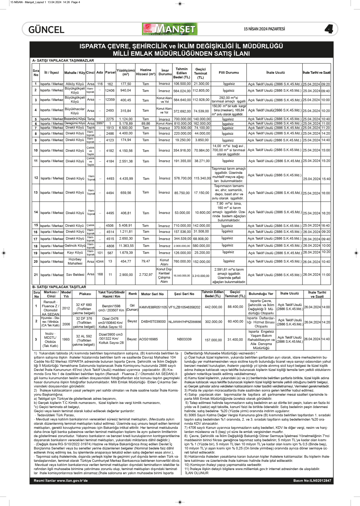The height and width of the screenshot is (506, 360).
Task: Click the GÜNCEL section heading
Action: [46, 30]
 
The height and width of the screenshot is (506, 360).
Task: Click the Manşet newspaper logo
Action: [170, 29]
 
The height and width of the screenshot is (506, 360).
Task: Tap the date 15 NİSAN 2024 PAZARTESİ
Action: [264, 29]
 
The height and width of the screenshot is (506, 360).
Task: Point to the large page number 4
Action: [329, 29]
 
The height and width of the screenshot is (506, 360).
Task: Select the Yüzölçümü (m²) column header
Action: [126, 72]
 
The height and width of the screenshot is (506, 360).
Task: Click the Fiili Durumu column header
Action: [229, 72]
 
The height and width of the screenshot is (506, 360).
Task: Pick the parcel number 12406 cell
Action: [110, 91]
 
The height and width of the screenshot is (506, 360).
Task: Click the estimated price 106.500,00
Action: [182, 84]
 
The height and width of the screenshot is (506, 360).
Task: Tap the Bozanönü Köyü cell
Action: [75, 119]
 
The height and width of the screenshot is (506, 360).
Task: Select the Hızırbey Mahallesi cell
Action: [75, 261]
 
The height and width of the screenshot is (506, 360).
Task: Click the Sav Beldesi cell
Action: [75, 275]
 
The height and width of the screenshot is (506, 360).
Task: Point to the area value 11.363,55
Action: [126, 246]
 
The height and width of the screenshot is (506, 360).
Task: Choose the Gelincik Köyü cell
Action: [75, 246]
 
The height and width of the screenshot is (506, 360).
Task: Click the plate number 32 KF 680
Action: [84, 305]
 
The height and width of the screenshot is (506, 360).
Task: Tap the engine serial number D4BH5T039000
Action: [153, 322]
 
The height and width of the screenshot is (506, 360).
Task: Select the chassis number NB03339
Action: [184, 339]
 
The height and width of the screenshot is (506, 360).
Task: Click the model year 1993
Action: [66, 339]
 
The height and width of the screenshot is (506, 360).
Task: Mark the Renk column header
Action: [133, 294]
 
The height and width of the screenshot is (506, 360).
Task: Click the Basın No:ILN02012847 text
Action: [312, 481]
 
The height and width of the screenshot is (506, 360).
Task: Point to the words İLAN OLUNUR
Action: [197, 473]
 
